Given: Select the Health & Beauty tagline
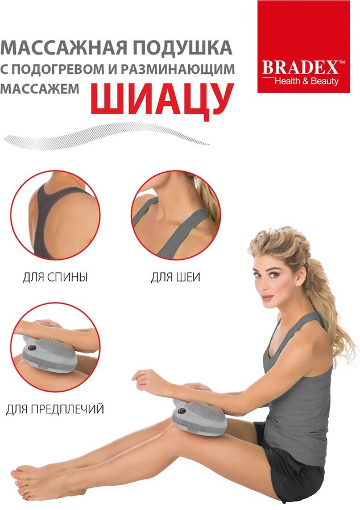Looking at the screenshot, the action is (x=307, y=81).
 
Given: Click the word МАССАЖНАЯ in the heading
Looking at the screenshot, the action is (x=64, y=48).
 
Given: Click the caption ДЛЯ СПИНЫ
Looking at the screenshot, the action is (x=55, y=277).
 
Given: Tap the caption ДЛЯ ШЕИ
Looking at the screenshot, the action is (x=175, y=277).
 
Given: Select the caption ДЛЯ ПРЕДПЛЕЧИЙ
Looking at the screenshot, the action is (x=55, y=409).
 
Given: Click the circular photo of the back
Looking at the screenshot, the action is (x=55, y=215).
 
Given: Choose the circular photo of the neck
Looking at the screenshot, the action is (x=176, y=215).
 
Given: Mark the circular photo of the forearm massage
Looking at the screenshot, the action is (x=55, y=347).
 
